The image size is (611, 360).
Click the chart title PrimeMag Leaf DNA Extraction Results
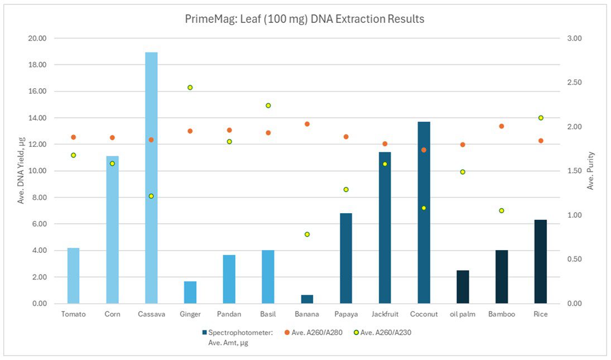305,19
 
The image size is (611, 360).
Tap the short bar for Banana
307,299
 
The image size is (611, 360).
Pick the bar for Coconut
424,212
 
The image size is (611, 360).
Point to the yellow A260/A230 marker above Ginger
190,88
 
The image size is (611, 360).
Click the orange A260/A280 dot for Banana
307,124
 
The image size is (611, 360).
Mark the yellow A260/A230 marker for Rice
541,118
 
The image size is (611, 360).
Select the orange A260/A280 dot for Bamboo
502,126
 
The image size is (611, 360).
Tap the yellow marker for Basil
268,105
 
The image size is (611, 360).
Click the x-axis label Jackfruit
384,314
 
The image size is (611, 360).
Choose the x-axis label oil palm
463,314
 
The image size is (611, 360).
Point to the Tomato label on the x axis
74,314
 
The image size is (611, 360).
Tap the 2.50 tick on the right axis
574,83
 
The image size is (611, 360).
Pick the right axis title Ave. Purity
591,171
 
